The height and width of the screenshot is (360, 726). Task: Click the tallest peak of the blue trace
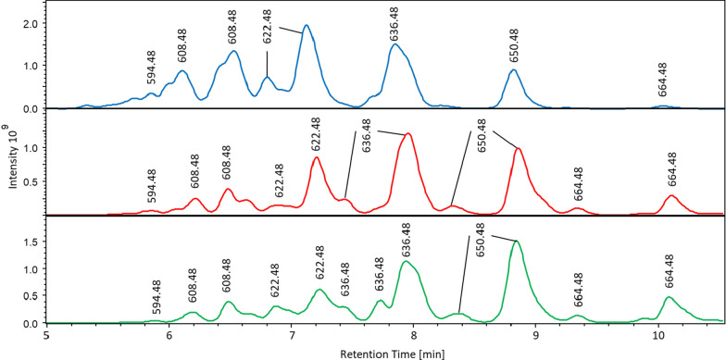306,26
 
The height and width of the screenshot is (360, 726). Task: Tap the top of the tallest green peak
516,242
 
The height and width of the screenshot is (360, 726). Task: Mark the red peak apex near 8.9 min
519,148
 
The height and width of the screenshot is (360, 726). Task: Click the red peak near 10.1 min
671,195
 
